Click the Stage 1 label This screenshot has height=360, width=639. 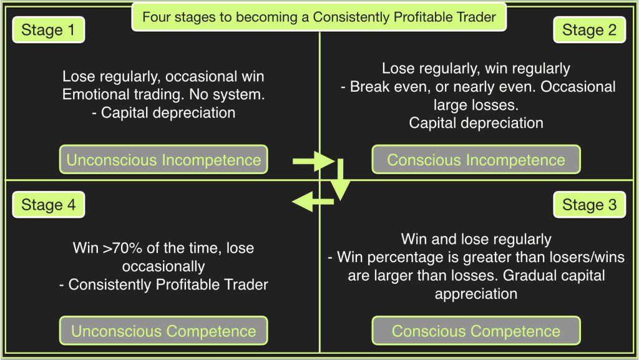49,30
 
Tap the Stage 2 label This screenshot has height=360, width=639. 589,30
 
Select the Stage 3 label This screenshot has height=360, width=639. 589,205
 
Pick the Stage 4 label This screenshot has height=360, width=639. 49,205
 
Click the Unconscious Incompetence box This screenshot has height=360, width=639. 163,160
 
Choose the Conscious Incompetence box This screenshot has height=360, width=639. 476,160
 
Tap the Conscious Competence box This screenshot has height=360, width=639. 476,331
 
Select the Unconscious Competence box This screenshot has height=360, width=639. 163,331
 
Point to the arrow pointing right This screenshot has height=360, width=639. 313,161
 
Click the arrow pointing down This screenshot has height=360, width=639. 340,180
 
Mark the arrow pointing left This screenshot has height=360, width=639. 313,201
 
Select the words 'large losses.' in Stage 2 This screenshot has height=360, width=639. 476,105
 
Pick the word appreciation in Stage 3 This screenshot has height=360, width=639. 476,294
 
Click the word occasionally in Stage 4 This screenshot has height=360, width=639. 163,267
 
